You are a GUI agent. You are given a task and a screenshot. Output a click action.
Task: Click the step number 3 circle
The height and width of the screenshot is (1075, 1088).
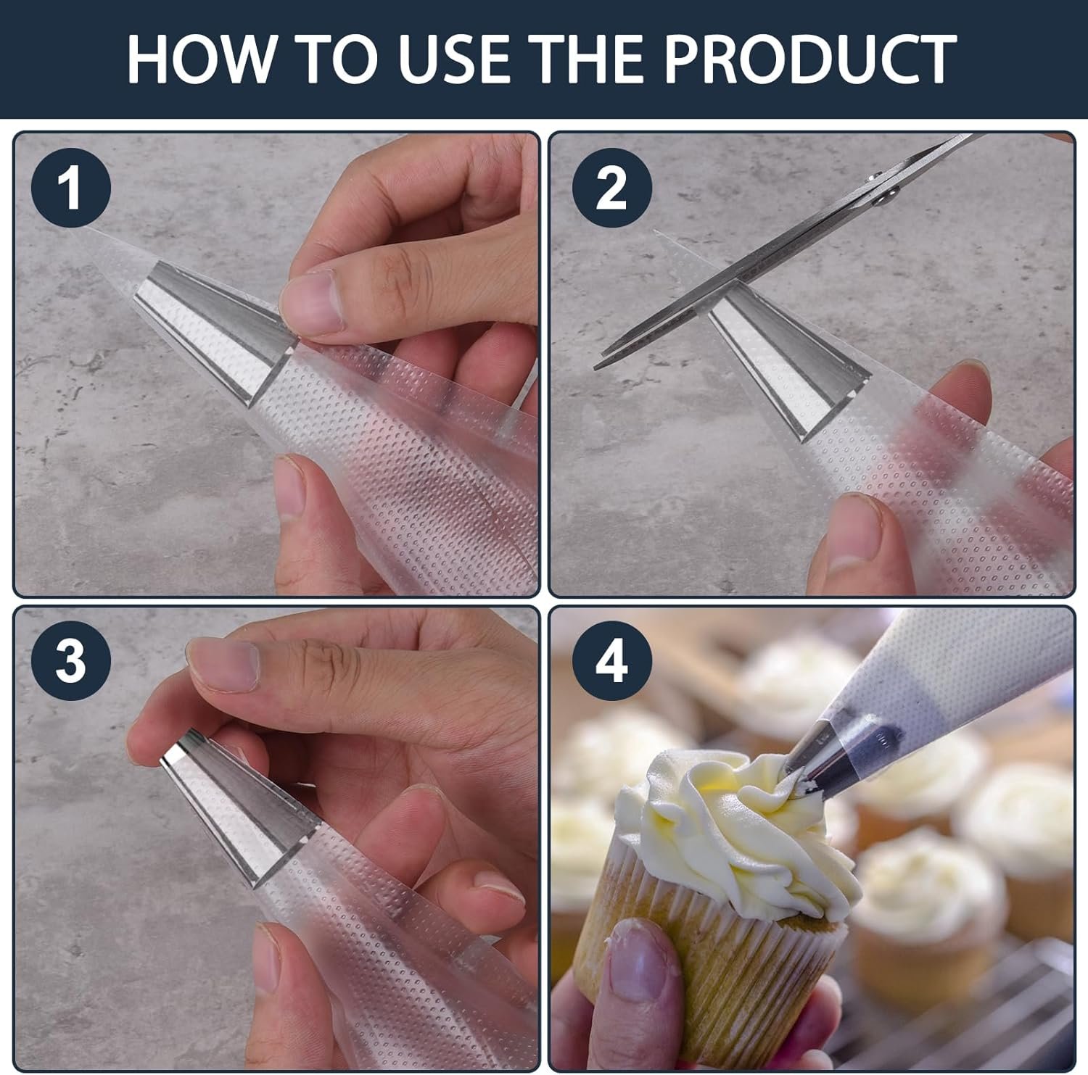point(70,660)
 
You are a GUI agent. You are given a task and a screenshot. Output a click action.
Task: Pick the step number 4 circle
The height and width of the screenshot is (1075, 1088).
point(611,660)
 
